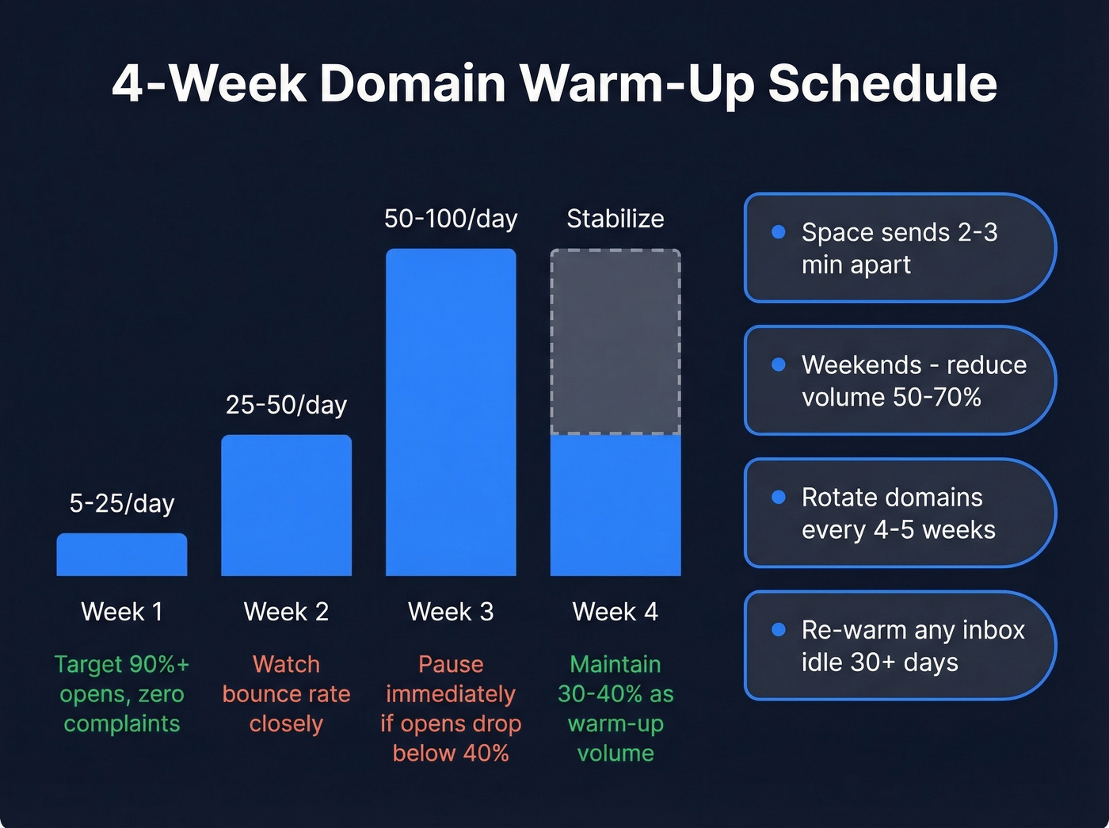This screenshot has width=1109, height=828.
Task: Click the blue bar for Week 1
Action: [x=122, y=555]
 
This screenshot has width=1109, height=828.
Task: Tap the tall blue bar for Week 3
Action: [x=451, y=412]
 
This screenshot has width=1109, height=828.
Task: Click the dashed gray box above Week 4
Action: [x=615, y=342]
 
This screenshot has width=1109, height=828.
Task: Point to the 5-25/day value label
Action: [x=122, y=503]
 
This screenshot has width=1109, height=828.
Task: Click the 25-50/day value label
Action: [x=286, y=405]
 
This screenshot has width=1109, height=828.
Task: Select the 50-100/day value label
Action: [x=451, y=219]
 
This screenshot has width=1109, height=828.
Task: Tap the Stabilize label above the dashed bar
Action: [x=615, y=219]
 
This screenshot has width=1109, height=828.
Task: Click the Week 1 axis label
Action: [x=122, y=612]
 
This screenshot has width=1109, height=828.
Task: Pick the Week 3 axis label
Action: [x=451, y=612]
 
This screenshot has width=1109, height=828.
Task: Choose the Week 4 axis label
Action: [x=615, y=612]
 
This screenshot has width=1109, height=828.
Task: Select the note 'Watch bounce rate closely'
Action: [x=286, y=694]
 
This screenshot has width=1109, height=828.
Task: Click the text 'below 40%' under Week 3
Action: [x=451, y=753]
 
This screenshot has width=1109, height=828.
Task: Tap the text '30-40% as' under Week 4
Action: [x=615, y=694]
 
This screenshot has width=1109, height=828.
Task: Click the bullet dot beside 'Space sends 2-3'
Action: [x=779, y=231]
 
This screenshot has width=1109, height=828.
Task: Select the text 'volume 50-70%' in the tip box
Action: [x=891, y=397]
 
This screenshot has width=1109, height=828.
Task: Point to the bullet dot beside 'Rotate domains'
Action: [x=779, y=497]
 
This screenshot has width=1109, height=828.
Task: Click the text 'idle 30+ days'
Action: [x=879, y=662]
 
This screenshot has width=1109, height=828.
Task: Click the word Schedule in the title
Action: [x=882, y=84]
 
